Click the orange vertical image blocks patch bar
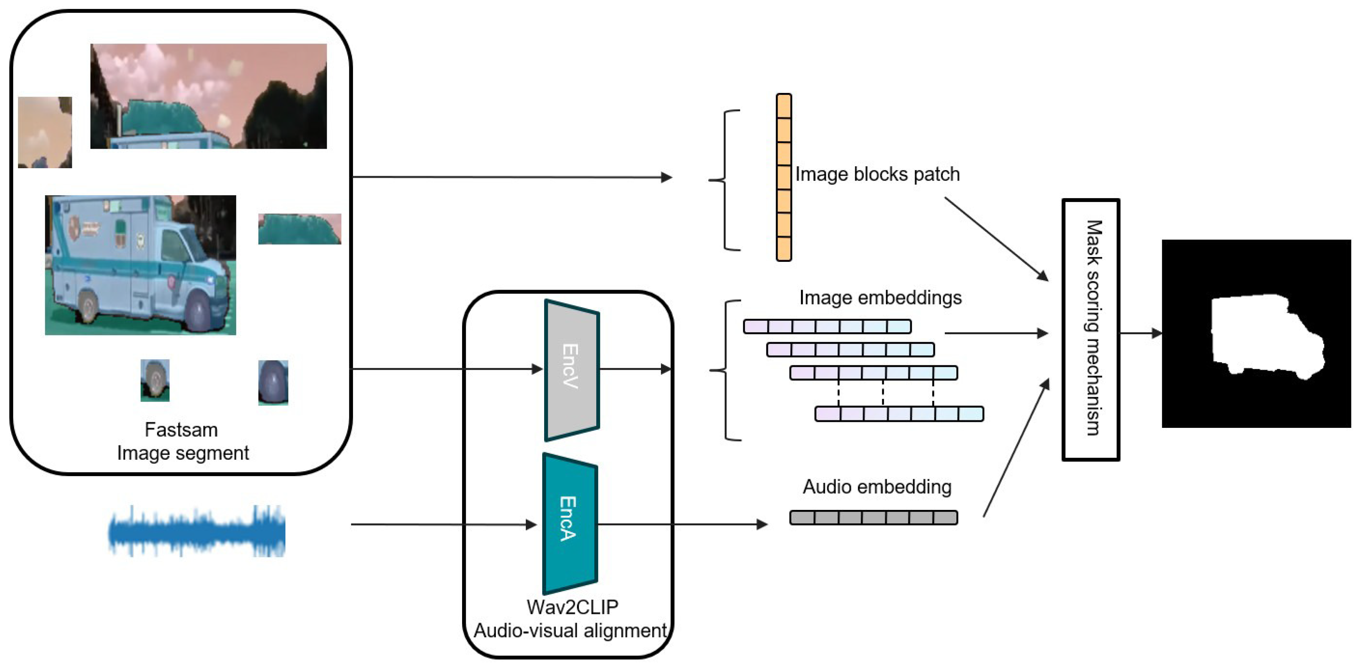[x=784, y=177]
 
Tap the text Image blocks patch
[x=877, y=174]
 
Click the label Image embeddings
[x=880, y=298]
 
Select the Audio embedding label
[x=877, y=487]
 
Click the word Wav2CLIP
[x=572, y=607]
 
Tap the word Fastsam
[x=181, y=430]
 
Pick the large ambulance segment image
[x=141, y=265]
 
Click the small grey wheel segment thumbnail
[x=155, y=380]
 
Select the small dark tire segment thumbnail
[x=273, y=382]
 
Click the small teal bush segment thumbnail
[x=299, y=229]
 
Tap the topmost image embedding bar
[x=827, y=326]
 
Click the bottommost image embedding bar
[x=899, y=414]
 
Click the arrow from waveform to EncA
[x=443, y=524]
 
